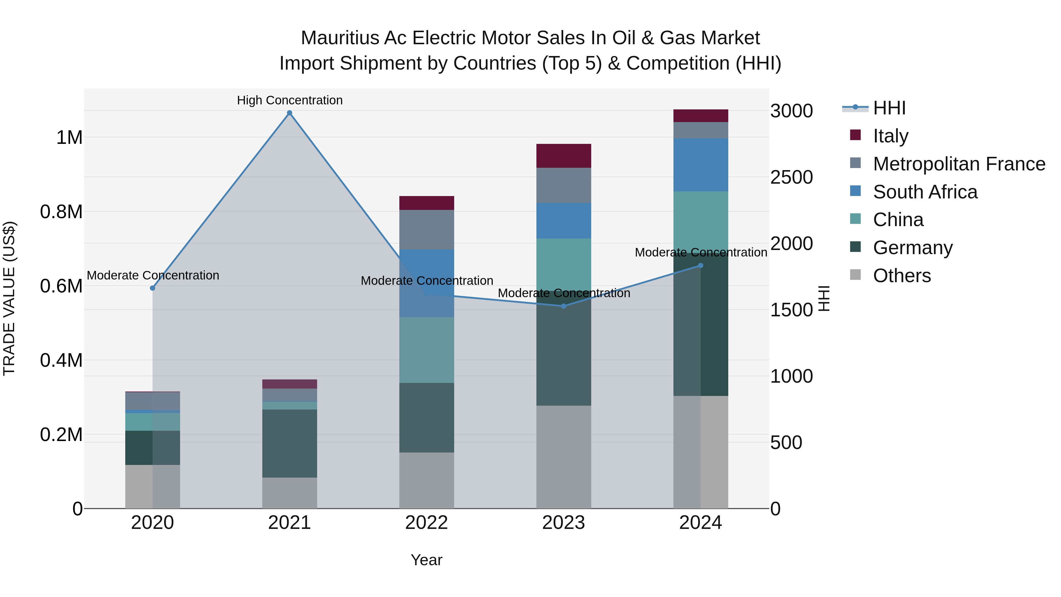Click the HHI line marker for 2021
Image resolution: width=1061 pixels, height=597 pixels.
pyautogui.click(x=289, y=113)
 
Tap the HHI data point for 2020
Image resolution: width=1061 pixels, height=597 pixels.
pyautogui.click(x=152, y=288)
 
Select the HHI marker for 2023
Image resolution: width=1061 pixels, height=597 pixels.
pyautogui.click(x=564, y=306)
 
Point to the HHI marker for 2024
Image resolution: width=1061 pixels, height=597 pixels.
pyautogui.click(x=701, y=266)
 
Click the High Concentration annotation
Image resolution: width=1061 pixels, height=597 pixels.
pyautogui.click(x=289, y=100)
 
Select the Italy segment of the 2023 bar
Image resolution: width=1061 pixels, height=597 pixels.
pyautogui.click(x=564, y=156)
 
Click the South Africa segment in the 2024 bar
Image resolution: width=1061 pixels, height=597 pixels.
pyautogui.click(x=701, y=165)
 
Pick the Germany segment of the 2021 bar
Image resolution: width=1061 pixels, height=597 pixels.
pyautogui.click(x=289, y=443)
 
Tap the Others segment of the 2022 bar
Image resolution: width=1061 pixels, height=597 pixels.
pyautogui.click(x=427, y=481)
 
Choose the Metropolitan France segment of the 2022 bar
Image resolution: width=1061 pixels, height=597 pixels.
pyautogui.click(x=427, y=229)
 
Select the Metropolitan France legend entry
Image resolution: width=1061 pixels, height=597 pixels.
pyautogui.click(x=958, y=164)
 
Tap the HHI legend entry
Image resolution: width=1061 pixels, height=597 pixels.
pyautogui.click(x=889, y=108)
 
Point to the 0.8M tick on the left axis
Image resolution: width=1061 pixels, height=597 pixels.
pyautogui.click(x=61, y=212)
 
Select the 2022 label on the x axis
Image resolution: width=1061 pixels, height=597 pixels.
pyautogui.click(x=427, y=523)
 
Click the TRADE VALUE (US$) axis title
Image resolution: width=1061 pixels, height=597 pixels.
pyautogui.click(x=9, y=298)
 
